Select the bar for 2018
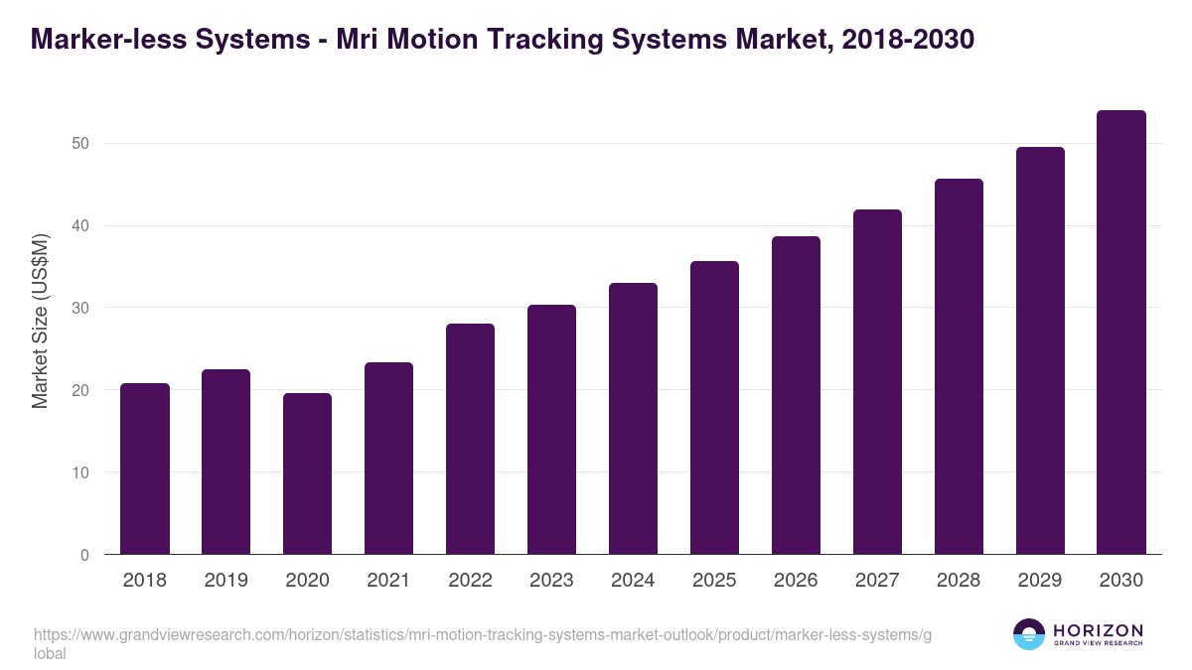tap(145, 469)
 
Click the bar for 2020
tap(308, 473)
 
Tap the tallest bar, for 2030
tap(1121, 333)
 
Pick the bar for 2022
tap(471, 439)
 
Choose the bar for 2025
tap(715, 408)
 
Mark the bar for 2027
tap(877, 382)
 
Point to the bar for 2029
tap(1040, 350)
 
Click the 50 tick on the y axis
tap(80, 143)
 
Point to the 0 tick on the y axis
tap(84, 555)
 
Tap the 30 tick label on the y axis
tap(80, 308)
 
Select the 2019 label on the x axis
tap(226, 581)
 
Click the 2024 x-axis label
tap(633, 581)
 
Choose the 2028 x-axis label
tap(959, 581)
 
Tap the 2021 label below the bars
tap(388, 581)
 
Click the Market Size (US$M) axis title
tap(40, 321)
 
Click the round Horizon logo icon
tap(1029, 634)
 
